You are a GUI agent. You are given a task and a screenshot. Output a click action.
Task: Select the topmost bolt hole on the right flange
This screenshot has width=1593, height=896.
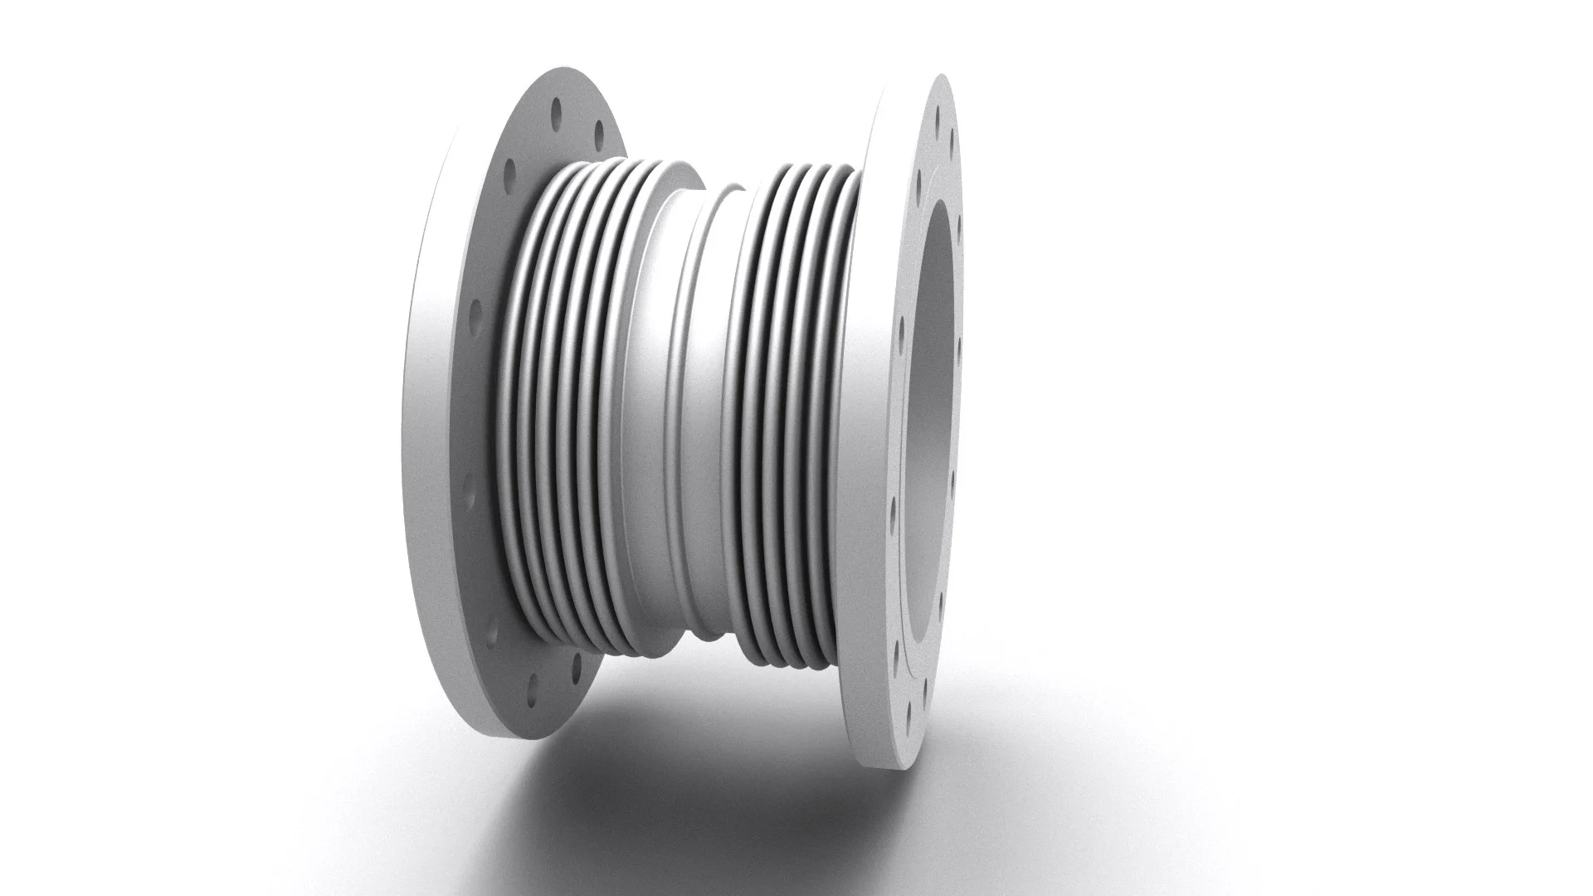[x=940, y=108]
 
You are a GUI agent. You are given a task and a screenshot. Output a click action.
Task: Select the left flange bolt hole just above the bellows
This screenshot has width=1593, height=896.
[x=510, y=172]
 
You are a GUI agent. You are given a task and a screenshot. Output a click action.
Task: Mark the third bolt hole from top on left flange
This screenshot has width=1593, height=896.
[x=510, y=172]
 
